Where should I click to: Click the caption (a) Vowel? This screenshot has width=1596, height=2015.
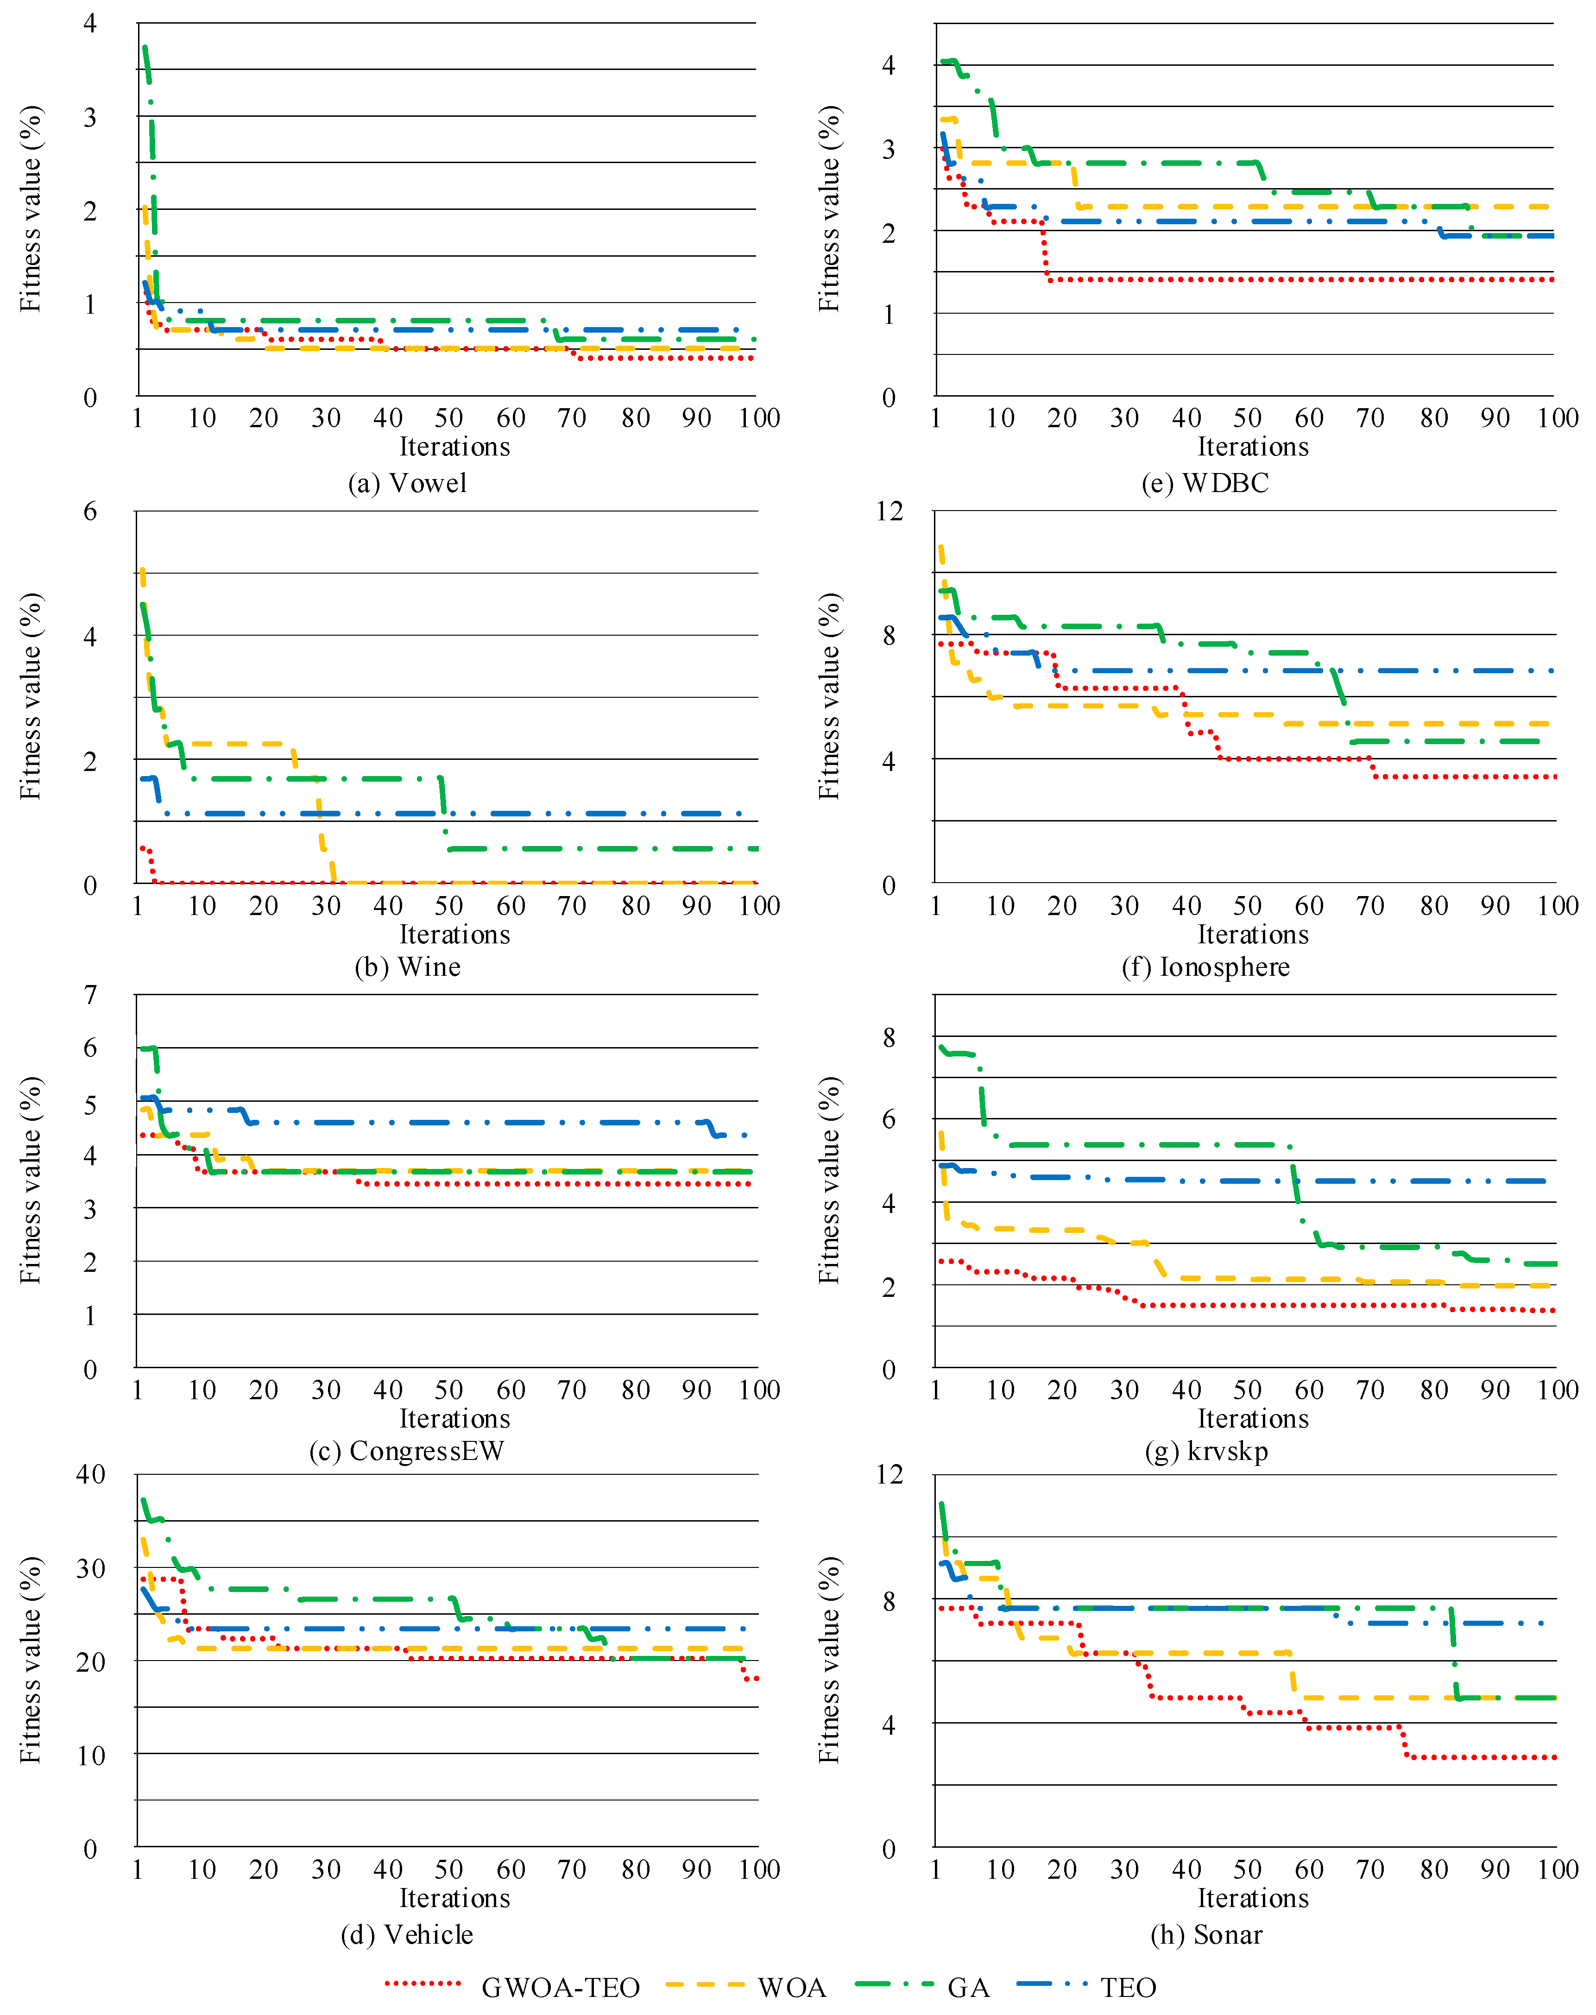point(407,483)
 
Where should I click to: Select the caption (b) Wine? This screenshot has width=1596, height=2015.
point(407,966)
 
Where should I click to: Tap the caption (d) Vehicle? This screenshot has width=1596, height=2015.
point(407,1935)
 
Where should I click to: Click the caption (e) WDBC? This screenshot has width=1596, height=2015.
point(1205,483)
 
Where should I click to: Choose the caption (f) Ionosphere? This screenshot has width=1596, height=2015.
point(1205,966)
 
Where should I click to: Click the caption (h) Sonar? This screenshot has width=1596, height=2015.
point(1205,1935)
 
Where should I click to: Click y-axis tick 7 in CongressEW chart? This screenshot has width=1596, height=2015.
point(91,994)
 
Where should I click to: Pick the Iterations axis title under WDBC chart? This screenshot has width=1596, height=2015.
point(1253,447)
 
